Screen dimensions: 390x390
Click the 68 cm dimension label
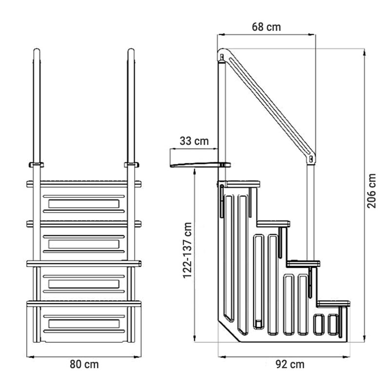(x=266, y=27)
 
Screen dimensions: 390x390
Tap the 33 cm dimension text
(x=194, y=141)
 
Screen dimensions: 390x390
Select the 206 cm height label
(x=371, y=191)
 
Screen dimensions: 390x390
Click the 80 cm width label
(x=84, y=365)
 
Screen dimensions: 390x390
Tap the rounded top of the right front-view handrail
(x=131, y=51)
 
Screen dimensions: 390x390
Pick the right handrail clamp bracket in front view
(x=131, y=164)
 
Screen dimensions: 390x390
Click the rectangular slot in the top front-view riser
(x=83, y=203)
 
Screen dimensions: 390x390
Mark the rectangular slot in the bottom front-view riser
(x=83, y=324)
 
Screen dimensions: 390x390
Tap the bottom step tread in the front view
(x=84, y=304)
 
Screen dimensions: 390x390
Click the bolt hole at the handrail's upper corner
(x=222, y=58)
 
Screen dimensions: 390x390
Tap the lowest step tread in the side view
(x=333, y=303)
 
